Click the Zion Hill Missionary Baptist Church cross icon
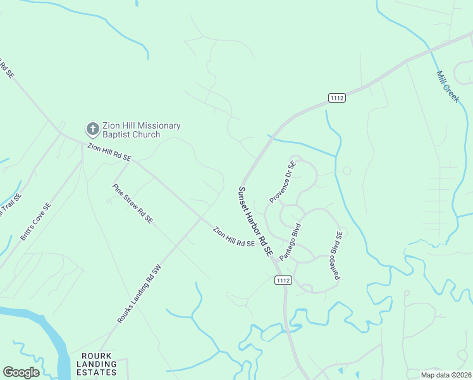92,129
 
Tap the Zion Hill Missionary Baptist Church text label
139,130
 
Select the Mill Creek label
448,86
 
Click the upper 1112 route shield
336,97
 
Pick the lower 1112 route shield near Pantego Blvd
283,279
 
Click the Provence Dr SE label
282,182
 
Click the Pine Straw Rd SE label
132,203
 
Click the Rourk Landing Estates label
97,364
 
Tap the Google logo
21,372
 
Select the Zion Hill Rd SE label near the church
109,152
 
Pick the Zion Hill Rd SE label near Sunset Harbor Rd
233,236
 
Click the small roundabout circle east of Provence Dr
347,170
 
